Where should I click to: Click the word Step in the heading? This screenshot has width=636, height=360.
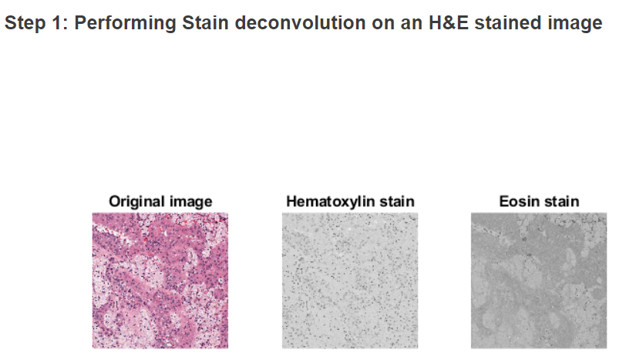point(23,23)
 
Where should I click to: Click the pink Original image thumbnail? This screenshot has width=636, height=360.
point(160,281)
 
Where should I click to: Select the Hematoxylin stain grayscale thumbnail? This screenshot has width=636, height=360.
point(349,281)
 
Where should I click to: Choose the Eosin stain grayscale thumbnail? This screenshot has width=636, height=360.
point(539,281)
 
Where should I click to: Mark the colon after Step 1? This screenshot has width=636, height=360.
point(61,23)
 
